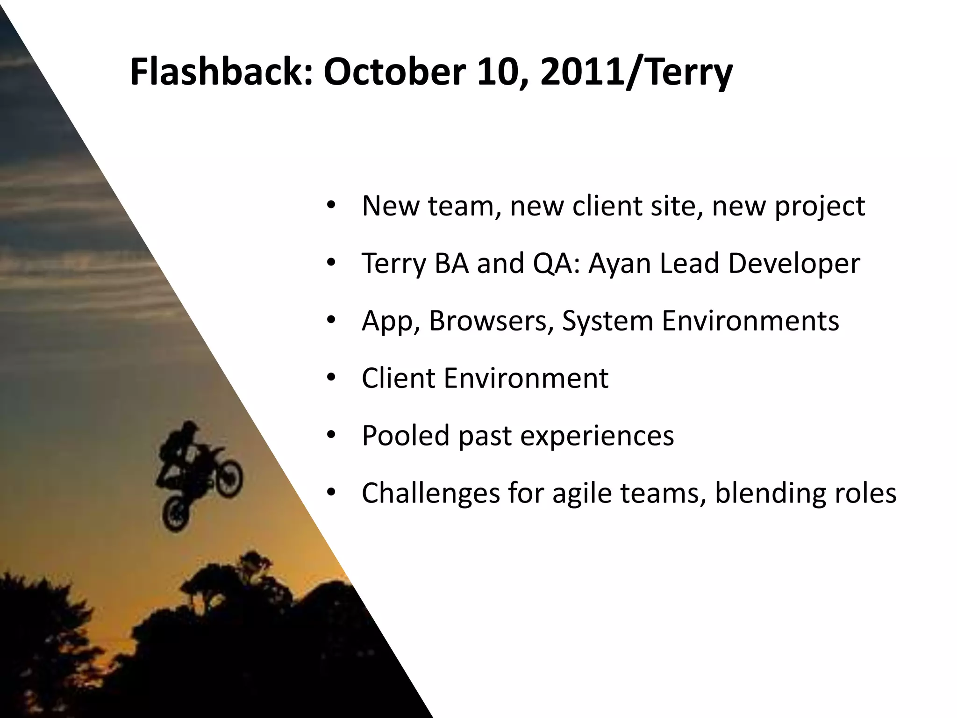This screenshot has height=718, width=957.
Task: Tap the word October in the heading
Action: coord(394,72)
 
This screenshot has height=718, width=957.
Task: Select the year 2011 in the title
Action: coord(582,72)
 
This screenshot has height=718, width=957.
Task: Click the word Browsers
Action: coord(488,321)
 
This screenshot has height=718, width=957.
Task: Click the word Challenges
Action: coord(430,493)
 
